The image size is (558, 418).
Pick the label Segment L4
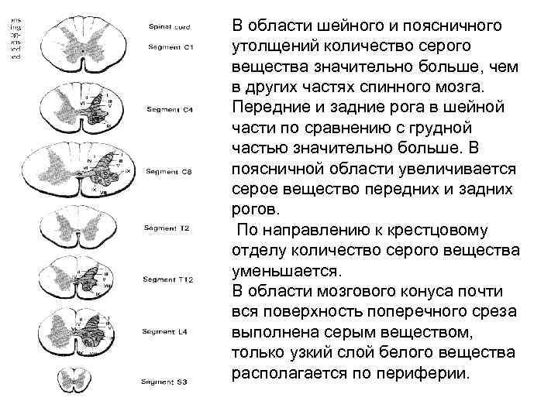[x=164, y=331]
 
